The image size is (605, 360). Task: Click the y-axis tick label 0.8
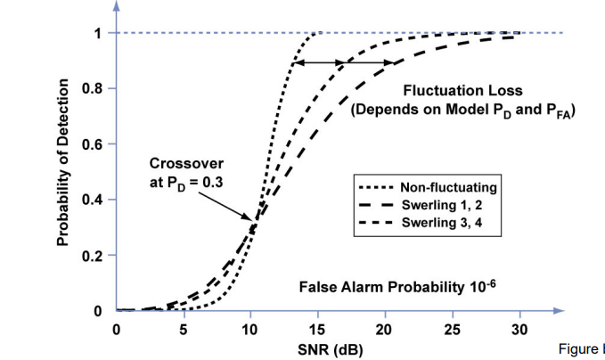[x=90, y=89]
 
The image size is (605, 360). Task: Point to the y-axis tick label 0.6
[x=90, y=144]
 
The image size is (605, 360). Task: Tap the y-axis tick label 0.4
[x=90, y=200]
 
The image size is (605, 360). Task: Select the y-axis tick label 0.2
[x=90, y=256]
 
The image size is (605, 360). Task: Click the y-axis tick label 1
[x=97, y=34]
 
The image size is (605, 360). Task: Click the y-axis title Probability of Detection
[x=63, y=162]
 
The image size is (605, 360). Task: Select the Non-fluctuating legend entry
[x=449, y=187]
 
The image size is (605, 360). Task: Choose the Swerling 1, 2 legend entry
[x=442, y=204]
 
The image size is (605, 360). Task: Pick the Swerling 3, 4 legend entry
[x=442, y=222]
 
